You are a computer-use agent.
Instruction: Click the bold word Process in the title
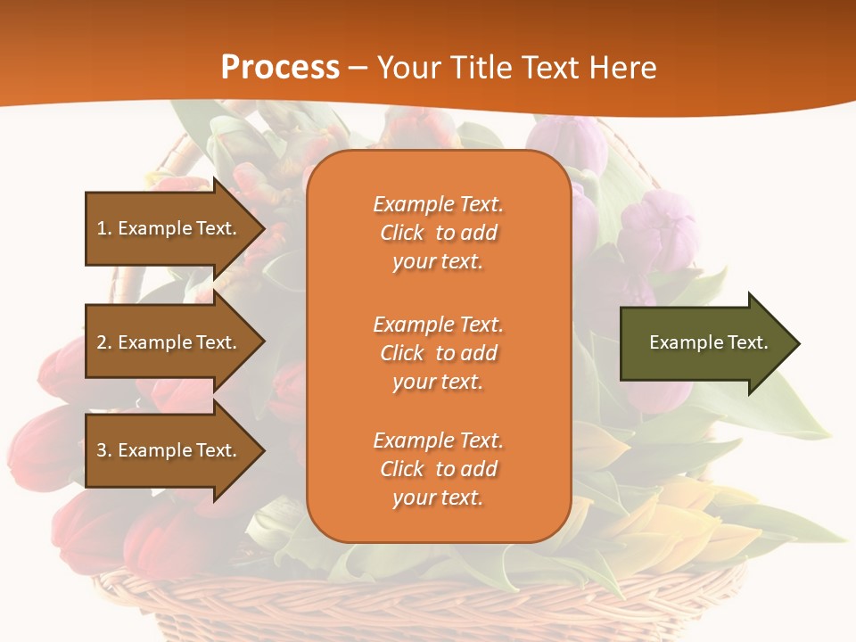[x=280, y=68]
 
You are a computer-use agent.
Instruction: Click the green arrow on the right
[x=704, y=343]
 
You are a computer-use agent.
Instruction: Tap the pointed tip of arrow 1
[x=262, y=228]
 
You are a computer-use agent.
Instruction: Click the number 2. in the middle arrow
[x=103, y=342]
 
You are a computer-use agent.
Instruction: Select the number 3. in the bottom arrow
[x=103, y=450]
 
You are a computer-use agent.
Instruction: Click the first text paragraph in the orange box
[x=438, y=233]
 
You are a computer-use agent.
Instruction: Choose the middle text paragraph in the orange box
[x=438, y=353]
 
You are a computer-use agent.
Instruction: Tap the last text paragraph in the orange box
[x=438, y=469]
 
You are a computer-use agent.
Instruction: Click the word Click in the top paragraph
[x=402, y=233]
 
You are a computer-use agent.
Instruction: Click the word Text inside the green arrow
[x=747, y=342]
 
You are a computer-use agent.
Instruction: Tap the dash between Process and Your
[x=358, y=68]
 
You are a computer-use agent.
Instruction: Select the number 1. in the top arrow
[x=103, y=228]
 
